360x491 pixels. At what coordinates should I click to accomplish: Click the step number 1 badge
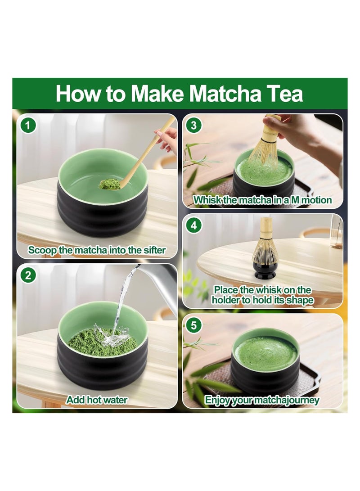click(28, 125)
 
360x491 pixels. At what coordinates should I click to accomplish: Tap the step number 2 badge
click(28, 275)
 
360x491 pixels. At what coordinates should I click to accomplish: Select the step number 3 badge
click(194, 125)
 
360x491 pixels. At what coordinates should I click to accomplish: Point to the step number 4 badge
click(194, 225)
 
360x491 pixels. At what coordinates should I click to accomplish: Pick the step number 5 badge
click(194, 325)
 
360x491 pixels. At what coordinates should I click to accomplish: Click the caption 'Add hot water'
click(97, 400)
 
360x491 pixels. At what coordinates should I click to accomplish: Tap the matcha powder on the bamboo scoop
click(107, 184)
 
